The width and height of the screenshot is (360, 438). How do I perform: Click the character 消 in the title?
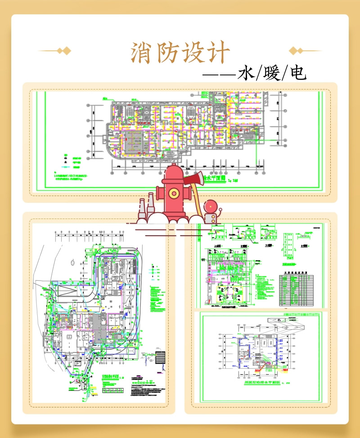click(141, 53)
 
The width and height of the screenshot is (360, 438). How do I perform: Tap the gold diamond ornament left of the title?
click(66, 50)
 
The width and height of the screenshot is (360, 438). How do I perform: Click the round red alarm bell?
click(211, 207)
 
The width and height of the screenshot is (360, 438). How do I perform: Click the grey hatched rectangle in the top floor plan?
click(135, 142)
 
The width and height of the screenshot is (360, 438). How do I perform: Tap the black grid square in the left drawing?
click(160, 356)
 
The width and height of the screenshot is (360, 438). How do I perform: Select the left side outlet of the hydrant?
click(158, 195)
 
